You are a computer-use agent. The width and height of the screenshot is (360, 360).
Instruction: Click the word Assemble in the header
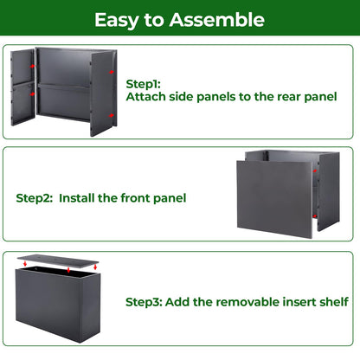pyautogui.click(x=217, y=20)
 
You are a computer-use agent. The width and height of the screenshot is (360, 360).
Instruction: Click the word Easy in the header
pyautogui.click(x=117, y=21)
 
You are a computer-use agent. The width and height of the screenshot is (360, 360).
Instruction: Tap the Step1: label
pyautogui.click(x=143, y=84)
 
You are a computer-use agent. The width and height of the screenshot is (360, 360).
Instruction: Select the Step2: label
pyautogui.click(x=35, y=198)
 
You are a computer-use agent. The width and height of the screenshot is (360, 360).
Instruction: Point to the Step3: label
pyautogui.click(x=144, y=302)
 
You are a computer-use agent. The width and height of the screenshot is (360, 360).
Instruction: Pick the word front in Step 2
pyautogui.click(x=135, y=198)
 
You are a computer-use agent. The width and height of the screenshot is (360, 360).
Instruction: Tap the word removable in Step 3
pyautogui.click(x=247, y=302)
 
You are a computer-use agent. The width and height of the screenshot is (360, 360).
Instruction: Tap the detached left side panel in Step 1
pyautogui.click(x=22, y=87)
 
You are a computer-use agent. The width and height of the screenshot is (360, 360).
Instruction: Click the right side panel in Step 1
pyautogui.click(x=104, y=93)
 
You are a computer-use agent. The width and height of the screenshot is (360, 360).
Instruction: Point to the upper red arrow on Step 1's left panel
pyautogui.click(x=32, y=67)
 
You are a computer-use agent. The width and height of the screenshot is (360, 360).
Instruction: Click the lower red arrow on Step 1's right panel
pyautogui.click(x=112, y=116)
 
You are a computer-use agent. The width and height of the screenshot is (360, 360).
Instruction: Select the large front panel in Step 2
pyautogui.click(x=274, y=199)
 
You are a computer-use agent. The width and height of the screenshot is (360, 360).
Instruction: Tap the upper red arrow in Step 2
pyautogui.click(x=315, y=171)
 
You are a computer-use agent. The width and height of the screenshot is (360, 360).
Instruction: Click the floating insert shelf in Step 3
pyautogui.click(x=58, y=261)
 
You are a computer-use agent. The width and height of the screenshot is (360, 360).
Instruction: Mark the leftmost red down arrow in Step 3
pyautogui.click(x=25, y=263)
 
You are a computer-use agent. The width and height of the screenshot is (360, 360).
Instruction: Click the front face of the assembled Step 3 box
pyautogui.click(x=48, y=304)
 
